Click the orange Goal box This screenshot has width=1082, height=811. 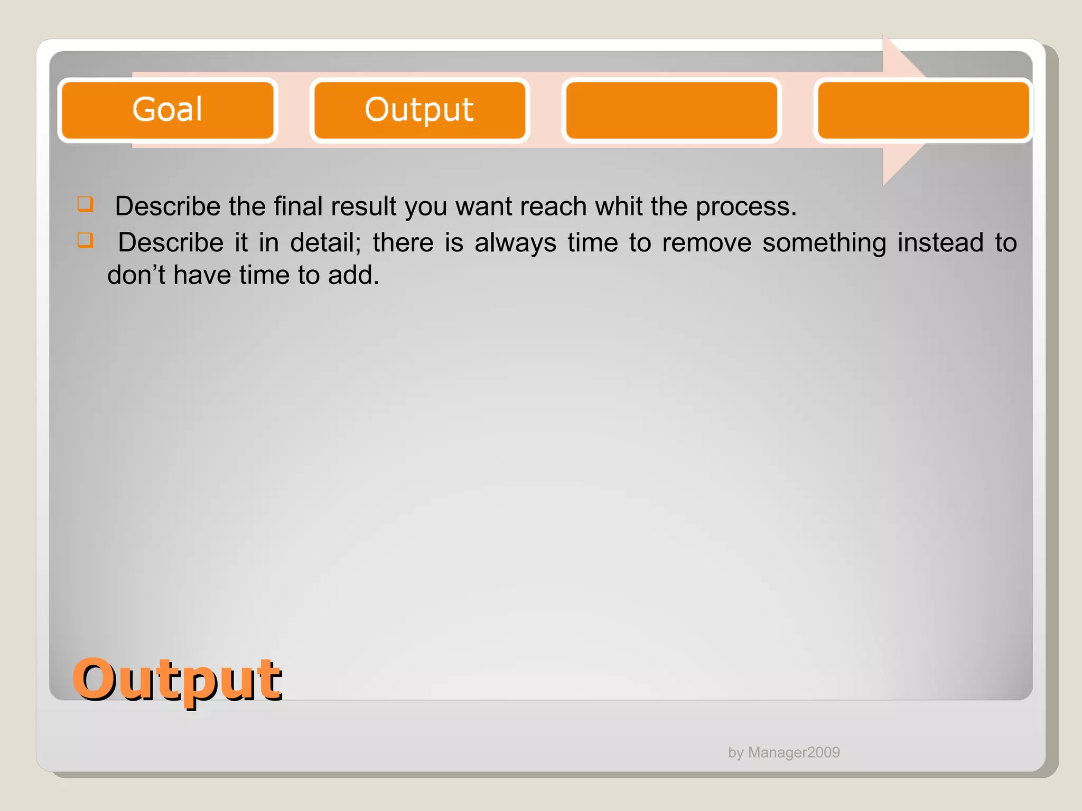(x=167, y=110)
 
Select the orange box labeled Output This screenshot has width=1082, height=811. (x=419, y=110)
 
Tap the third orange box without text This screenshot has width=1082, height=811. (x=671, y=110)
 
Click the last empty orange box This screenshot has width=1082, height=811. (x=923, y=110)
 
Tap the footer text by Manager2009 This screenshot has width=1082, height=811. (x=783, y=752)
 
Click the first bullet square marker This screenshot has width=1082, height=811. (x=85, y=204)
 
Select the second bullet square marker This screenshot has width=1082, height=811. (x=85, y=240)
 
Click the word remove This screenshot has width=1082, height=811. (x=706, y=243)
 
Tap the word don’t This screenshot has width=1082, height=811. (x=136, y=275)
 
